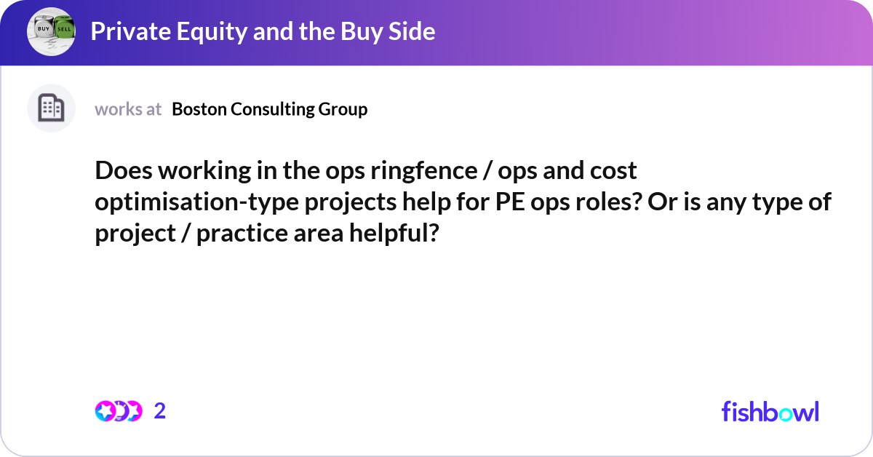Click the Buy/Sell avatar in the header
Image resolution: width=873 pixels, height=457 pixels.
pos(51,31)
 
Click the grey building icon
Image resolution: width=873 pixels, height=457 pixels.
pos(51,108)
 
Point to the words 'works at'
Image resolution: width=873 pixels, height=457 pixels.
pos(128,109)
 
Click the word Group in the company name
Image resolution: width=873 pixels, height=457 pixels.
pos(343,109)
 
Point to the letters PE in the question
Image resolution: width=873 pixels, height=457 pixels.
pos(509,202)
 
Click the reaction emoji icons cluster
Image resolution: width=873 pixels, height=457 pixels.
pos(119,411)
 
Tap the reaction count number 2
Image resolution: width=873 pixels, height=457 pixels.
pos(160,411)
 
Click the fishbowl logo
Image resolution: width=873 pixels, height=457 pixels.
pos(770,411)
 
